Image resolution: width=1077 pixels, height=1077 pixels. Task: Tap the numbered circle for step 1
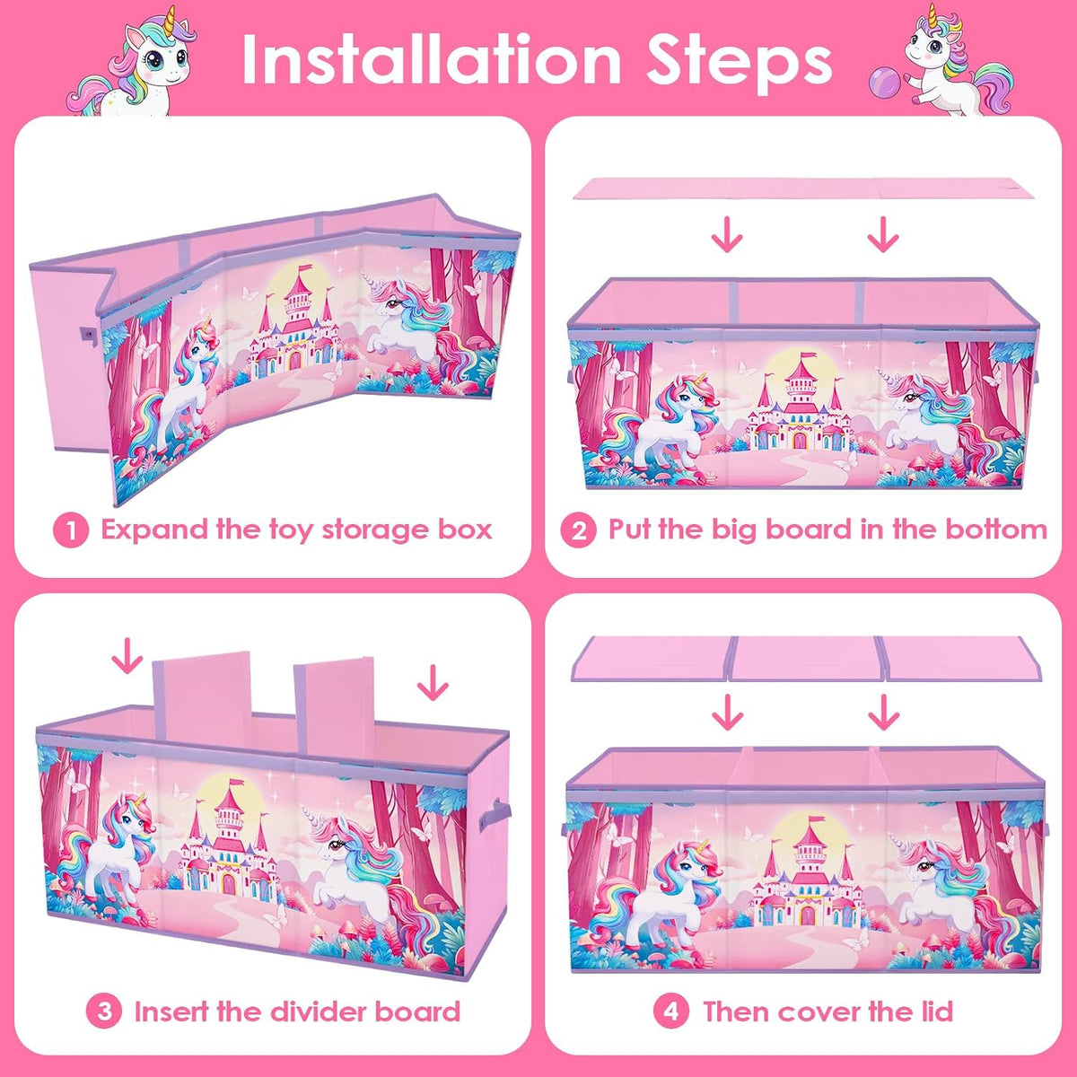click(x=71, y=530)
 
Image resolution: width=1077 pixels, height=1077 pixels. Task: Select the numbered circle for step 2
click(x=578, y=530)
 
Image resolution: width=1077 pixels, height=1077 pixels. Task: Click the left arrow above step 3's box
click(x=127, y=656)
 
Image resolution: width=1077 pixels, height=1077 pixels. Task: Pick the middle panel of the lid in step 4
click(x=803, y=660)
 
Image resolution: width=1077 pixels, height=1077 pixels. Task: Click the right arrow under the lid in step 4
click(x=884, y=712)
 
